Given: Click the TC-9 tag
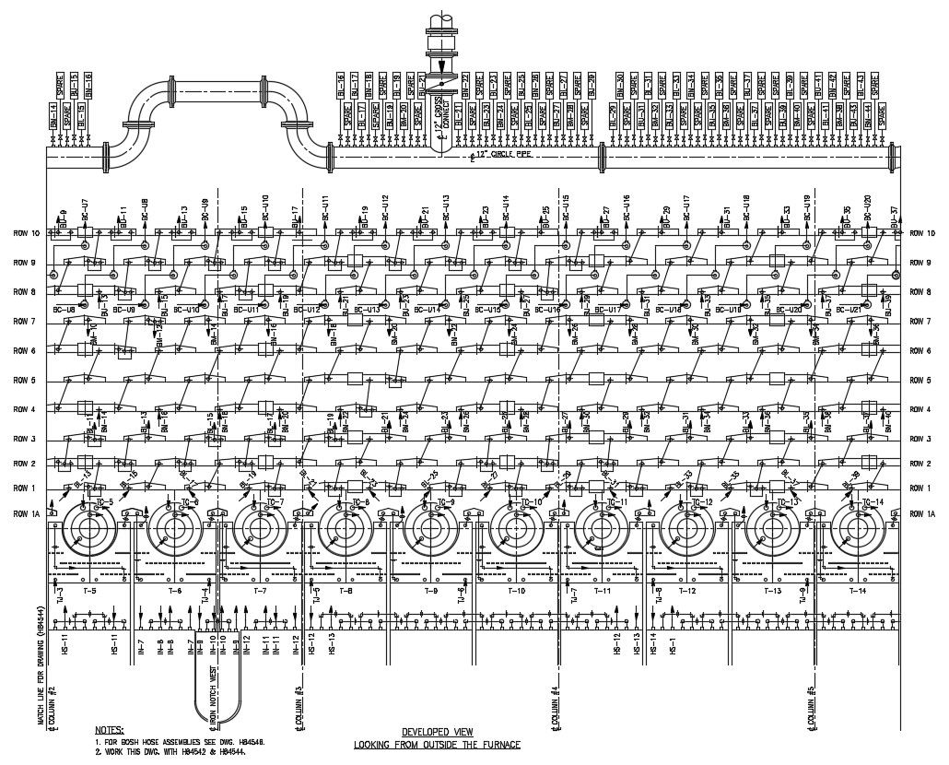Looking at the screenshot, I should tap(446, 502).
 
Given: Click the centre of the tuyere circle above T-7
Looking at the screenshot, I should tap(259, 529).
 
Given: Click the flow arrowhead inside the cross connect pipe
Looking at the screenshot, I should tap(442, 65).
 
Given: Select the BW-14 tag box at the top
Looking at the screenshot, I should tap(53, 117).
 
